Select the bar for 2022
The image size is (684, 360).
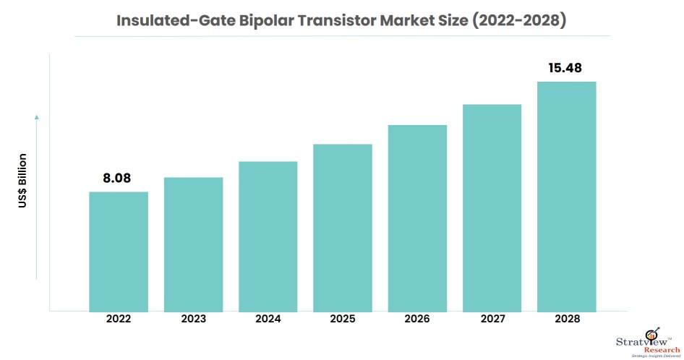(x=119, y=252)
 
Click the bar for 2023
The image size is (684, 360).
(x=193, y=244)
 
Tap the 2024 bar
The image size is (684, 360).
(x=268, y=236)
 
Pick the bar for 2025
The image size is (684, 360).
(x=342, y=228)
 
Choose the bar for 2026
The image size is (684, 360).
(x=417, y=218)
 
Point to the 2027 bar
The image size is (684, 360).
(x=492, y=208)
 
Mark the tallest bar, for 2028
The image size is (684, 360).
(x=566, y=197)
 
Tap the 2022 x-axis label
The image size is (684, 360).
(x=119, y=318)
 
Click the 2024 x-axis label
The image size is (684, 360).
(x=268, y=318)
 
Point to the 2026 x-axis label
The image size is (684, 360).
(x=417, y=318)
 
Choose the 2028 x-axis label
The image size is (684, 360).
(x=566, y=318)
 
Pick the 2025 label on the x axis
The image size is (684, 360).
(x=342, y=318)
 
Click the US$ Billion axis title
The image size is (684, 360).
(x=22, y=181)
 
